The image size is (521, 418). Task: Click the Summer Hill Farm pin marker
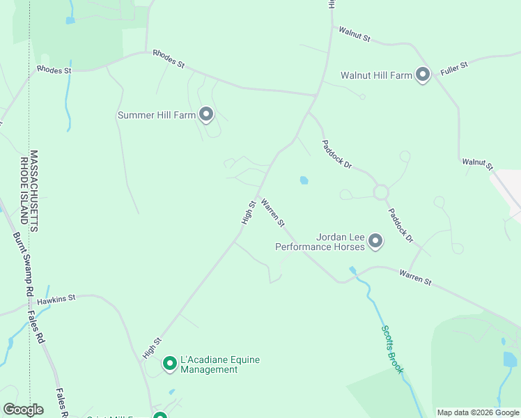click(x=205, y=114)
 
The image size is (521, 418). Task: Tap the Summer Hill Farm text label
click(x=157, y=115)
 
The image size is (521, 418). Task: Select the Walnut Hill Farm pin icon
click(x=422, y=74)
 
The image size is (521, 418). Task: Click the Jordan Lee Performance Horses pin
click(x=376, y=241)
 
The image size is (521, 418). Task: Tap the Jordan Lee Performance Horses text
click(x=320, y=242)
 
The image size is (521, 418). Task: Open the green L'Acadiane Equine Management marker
click(x=169, y=363)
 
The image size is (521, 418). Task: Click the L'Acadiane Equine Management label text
click(x=219, y=364)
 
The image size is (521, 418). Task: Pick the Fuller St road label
click(x=454, y=68)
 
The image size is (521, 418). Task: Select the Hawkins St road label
click(x=56, y=300)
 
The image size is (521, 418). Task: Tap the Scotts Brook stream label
click(x=392, y=349)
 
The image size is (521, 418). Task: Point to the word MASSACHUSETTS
click(x=34, y=191)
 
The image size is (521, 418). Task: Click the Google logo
click(x=23, y=410)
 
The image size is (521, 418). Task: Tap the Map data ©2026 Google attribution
click(x=479, y=412)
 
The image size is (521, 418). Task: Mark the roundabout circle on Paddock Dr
click(x=380, y=192)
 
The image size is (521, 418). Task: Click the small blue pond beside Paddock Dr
click(x=304, y=180)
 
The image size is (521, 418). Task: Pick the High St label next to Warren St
click(x=249, y=212)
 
